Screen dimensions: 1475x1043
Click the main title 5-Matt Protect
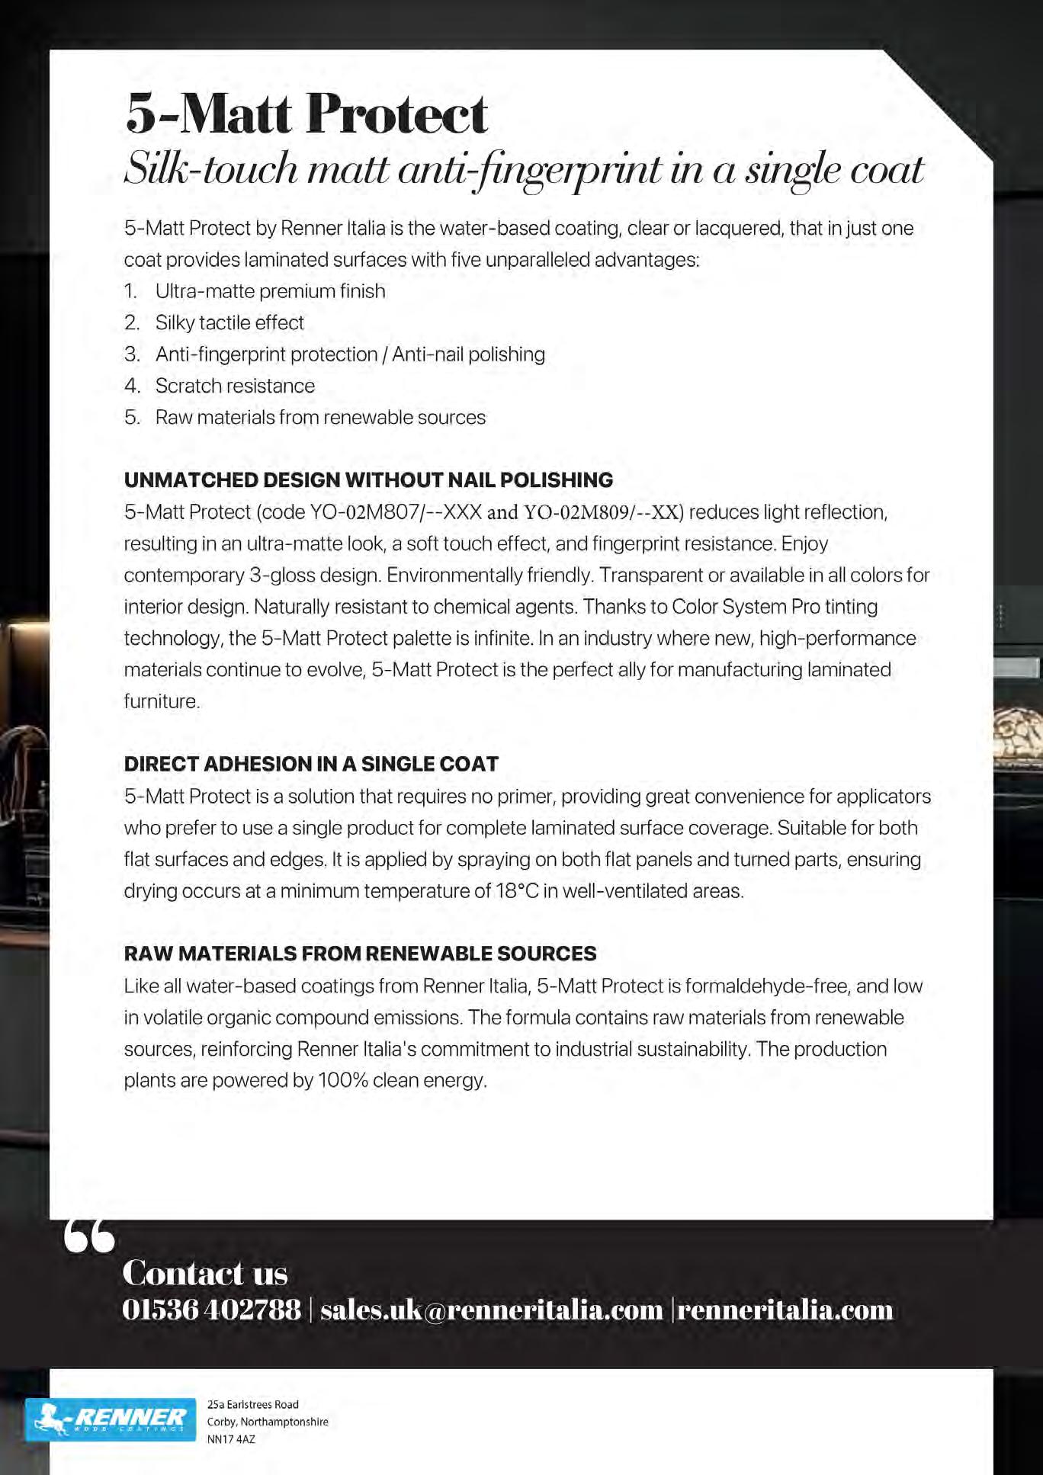point(306,114)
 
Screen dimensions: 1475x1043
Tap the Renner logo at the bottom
point(111,1419)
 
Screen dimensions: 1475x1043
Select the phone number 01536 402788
point(211,1310)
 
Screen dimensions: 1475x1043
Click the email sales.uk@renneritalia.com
point(492,1310)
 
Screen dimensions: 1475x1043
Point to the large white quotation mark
point(89,1237)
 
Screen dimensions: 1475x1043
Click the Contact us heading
point(205,1272)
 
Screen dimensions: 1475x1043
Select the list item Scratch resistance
point(235,386)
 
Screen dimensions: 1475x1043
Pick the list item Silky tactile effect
point(229,322)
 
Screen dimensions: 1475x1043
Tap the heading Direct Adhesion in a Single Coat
point(311,764)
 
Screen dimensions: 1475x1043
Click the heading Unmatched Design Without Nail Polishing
point(368,480)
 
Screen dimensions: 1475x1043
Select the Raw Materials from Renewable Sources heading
point(360,954)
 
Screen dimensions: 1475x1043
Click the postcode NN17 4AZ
point(231,1439)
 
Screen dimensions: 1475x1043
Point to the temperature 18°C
point(518,891)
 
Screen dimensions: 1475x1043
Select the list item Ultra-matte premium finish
point(270,291)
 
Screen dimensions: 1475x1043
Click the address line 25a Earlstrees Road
point(253,1404)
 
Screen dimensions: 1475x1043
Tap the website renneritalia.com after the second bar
point(785,1310)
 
